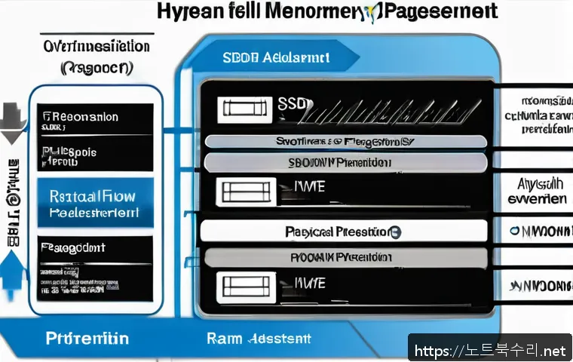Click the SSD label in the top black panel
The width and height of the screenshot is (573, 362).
(x=290, y=106)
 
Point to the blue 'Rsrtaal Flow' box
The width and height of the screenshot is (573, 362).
(x=94, y=203)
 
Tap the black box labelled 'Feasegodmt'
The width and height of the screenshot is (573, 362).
(x=94, y=260)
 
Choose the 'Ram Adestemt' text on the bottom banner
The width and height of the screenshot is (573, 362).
(x=258, y=339)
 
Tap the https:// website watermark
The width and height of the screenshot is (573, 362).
(x=490, y=350)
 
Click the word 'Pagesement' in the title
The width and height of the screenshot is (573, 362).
(x=442, y=12)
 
